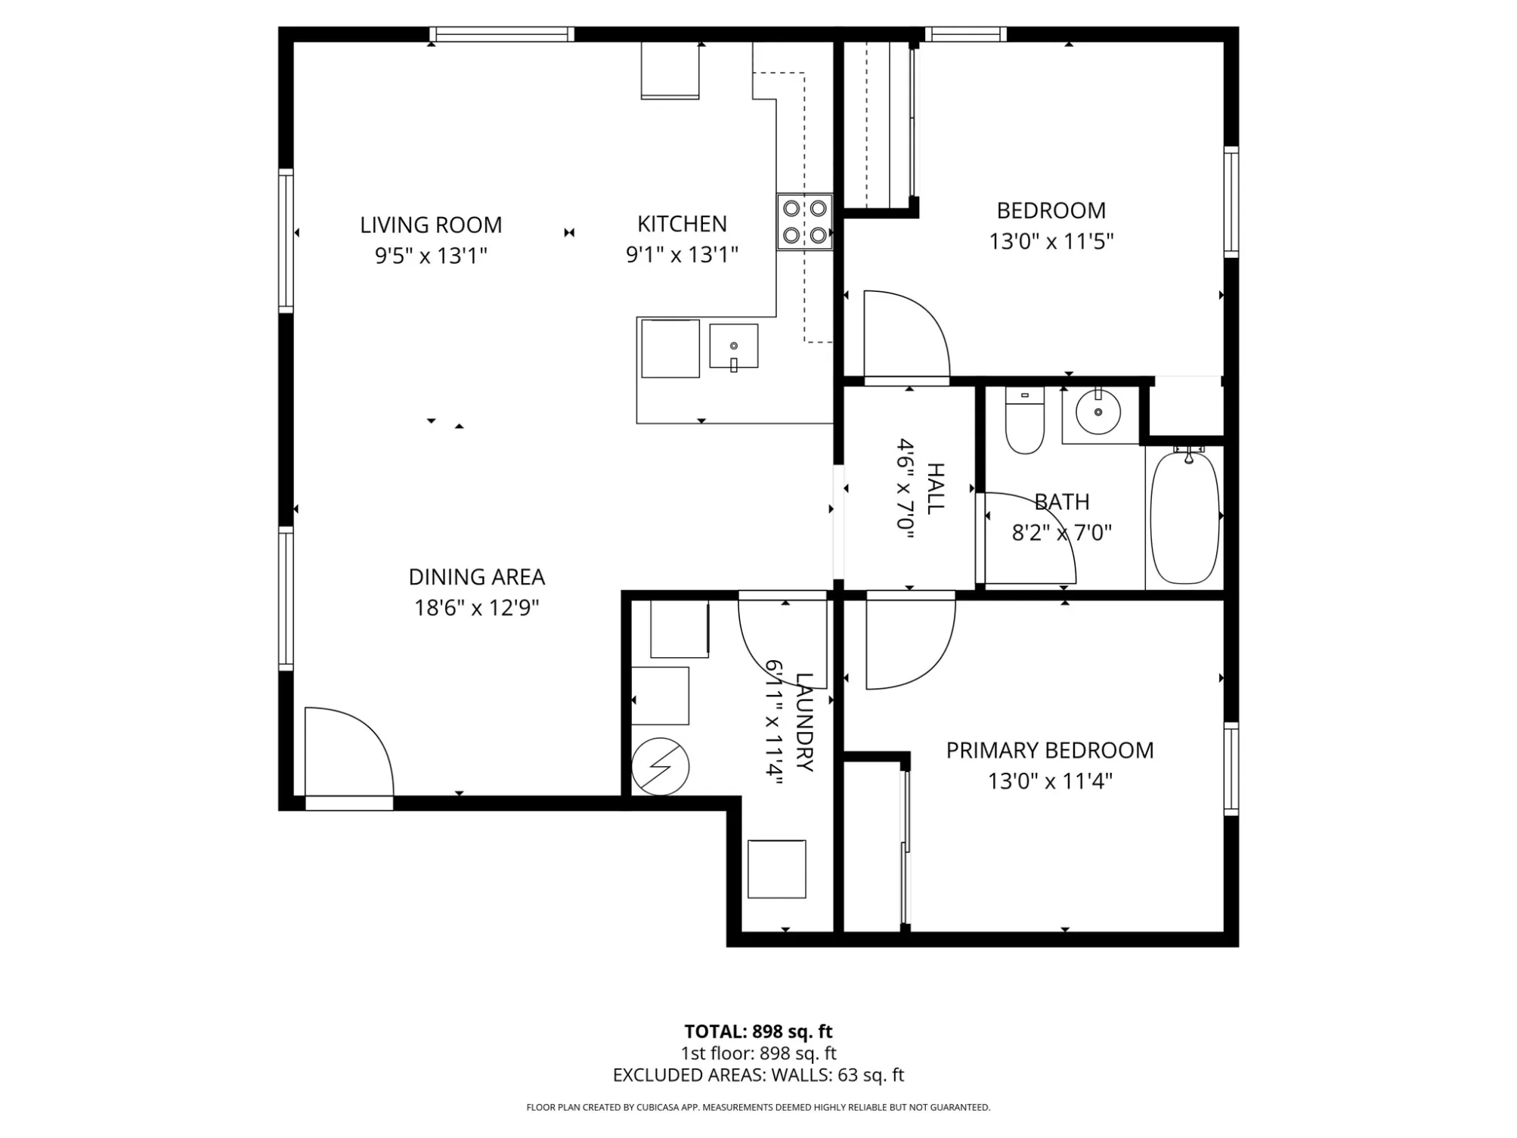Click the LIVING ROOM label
point(431,225)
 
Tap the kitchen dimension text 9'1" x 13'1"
point(682,255)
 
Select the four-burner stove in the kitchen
point(805,222)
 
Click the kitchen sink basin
point(733,346)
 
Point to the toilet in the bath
point(1025,420)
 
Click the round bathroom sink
point(1098,412)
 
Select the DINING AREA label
point(477,577)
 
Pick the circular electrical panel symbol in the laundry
point(660,766)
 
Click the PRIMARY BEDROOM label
point(1050,750)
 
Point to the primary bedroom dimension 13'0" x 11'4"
point(1050,780)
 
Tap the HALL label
point(935,489)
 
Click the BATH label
point(1062,501)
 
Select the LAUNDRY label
point(803,722)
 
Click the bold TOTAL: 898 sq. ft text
point(758,1031)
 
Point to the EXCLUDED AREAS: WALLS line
point(758,1075)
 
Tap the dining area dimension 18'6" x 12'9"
point(477,608)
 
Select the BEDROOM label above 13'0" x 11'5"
point(1051,210)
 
